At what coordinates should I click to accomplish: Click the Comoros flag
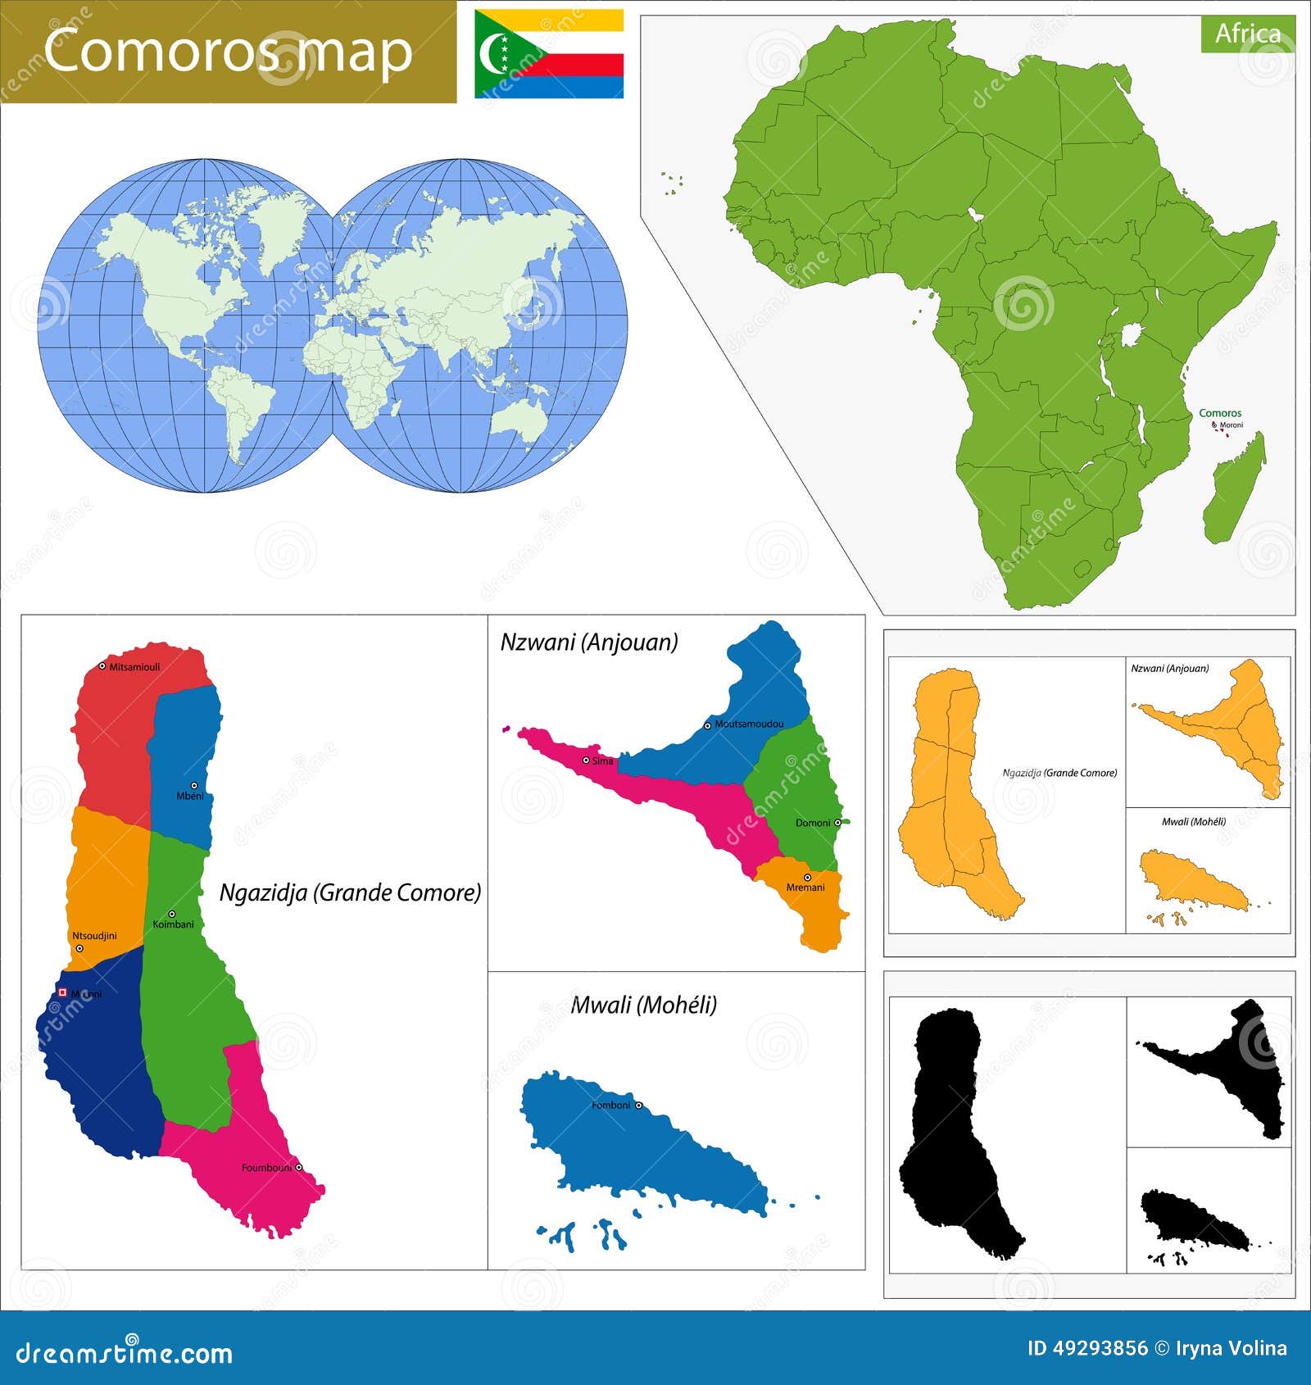pyautogui.click(x=549, y=53)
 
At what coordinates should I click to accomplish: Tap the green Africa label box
pyautogui.click(x=1247, y=34)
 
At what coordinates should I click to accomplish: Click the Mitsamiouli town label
pyautogui.click(x=134, y=667)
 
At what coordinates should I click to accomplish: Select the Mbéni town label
pyautogui.click(x=190, y=796)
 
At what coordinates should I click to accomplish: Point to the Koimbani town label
pyautogui.click(x=174, y=924)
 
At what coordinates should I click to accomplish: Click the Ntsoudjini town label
pyautogui.click(x=94, y=936)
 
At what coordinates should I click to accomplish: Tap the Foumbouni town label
pyautogui.click(x=266, y=1168)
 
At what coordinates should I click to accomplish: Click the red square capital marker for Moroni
pyautogui.click(x=62, y=993)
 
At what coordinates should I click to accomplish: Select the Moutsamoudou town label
pyautogui.click(x=749, y=724)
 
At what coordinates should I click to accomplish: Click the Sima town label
pyautogui.click(x=602, y=761)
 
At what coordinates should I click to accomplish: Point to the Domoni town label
pyautogui.click(x=813, y=823)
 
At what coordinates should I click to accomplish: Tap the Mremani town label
pyautogui.click(x=805, y=888)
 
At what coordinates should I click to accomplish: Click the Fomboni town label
pyautogui.click(x=611, y=1106)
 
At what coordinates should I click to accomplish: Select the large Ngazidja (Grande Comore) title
pyautogui.click(x=350, y=892)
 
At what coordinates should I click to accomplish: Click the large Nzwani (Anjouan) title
pyautogui.click(x=589, y=642)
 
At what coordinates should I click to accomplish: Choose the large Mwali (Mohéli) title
pyautogui.click(x=643, y=1005)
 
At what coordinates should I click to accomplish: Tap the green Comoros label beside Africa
pyautogui.click(x=1220, y=413)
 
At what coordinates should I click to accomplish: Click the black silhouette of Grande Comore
pyautogui.click(x=950, y=1131)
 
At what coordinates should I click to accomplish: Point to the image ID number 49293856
pyautogui.click(x=1088, y=1348)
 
